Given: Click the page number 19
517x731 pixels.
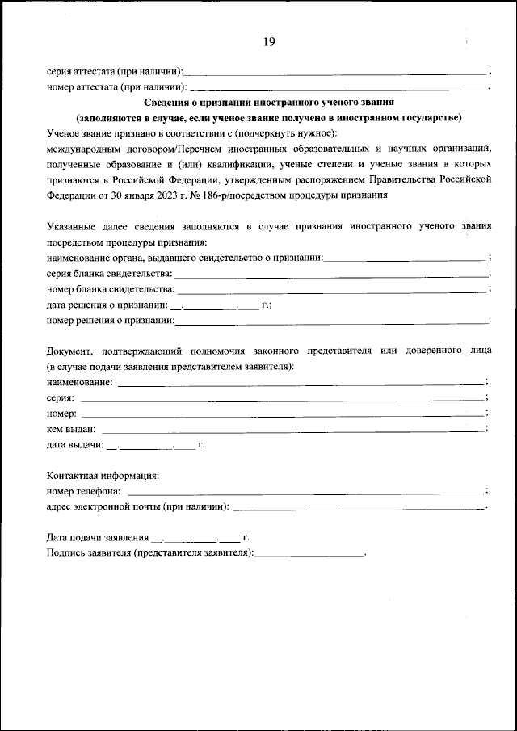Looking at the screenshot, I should click(x=268, y=43).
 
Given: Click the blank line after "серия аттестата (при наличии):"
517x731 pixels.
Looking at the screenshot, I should click(x=335, y=74).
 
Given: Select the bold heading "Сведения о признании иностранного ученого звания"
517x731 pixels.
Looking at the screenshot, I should click(x=268, y=103).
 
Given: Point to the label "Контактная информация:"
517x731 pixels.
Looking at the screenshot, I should click(x=103, y=476).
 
